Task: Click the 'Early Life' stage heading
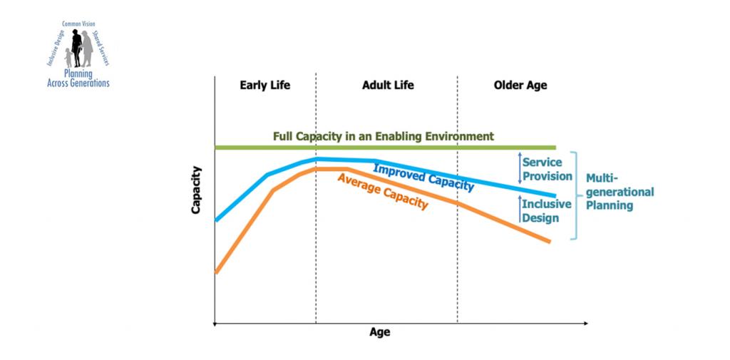(x=264, y=86)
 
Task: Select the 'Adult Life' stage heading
(x=388, y=86)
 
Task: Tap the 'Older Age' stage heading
(x=520, y=86)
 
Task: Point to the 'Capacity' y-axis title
(x=196, y=190)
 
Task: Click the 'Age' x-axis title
(x=379, y=332)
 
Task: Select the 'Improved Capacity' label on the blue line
(x=423, y=176)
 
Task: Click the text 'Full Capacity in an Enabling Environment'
(x=383, y=136)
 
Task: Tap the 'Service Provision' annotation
(x=547, y=169)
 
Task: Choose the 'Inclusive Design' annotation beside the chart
(x=546, y=211)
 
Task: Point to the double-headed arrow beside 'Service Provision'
(x=520, y=169)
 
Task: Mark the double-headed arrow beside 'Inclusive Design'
(x=520, y=210)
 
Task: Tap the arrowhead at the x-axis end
(x=585, y=324)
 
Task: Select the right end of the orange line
(x=549, y=241)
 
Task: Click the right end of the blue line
(x=554, y=195)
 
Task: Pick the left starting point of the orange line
(x=216, y=272)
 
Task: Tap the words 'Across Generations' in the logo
(x=78, y=83)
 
